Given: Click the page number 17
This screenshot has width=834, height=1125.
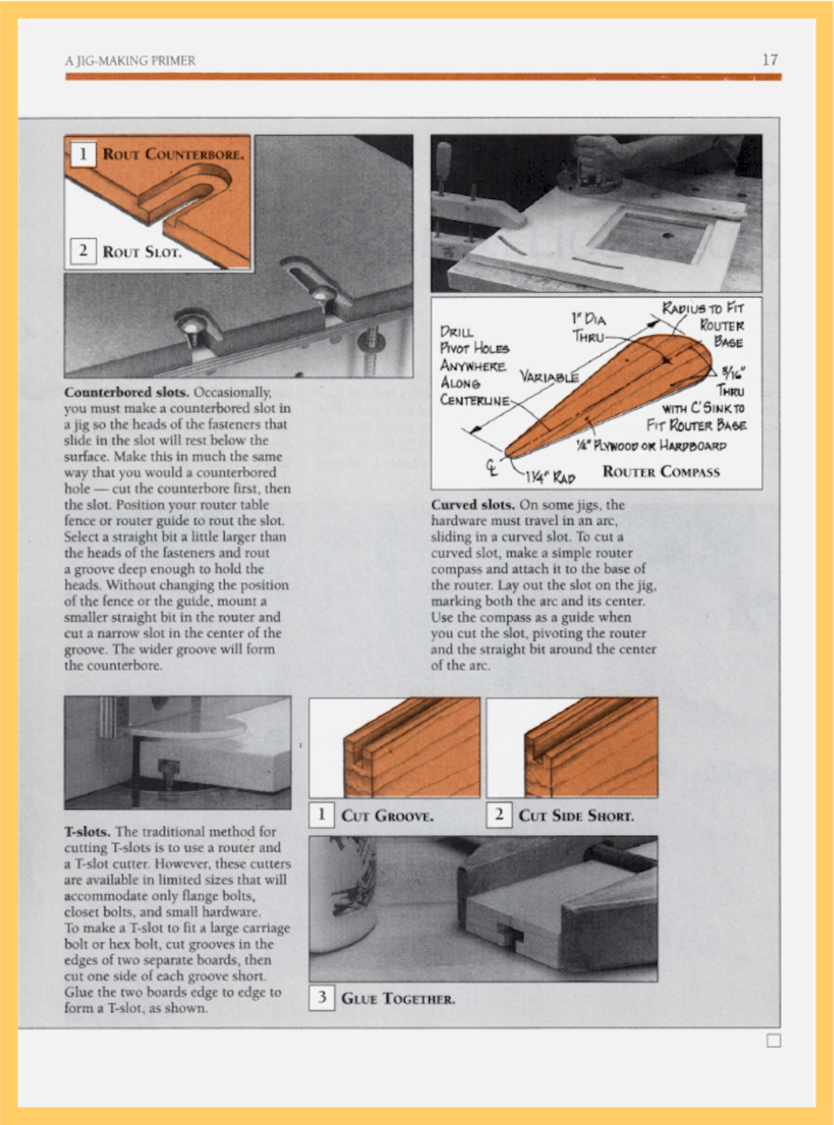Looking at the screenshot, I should pos(770,60).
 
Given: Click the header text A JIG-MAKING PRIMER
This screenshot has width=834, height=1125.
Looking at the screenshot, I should pos(130,61).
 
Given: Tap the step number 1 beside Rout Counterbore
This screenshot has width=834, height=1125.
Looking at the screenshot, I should pos(83,154).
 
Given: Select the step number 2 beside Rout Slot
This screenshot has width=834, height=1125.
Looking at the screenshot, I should pos(83,251).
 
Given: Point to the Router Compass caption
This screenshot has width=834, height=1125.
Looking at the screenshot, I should pos(661,472).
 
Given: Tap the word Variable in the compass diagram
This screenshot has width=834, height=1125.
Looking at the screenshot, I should pos(549,376).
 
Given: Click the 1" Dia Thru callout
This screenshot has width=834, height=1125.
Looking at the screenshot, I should pos(589,328).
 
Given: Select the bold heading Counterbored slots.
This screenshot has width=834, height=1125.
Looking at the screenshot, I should pos(127,392).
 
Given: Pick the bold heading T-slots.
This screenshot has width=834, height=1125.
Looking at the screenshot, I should pos(87,831).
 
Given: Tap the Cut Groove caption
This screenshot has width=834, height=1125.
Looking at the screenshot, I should pos(387,816).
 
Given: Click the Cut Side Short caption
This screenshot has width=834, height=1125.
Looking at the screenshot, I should pos(576,816).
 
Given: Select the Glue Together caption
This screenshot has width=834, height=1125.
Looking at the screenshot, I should pos(398,998).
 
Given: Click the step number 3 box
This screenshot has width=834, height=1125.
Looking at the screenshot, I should pos(322,997).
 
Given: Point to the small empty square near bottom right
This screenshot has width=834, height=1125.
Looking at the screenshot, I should pos(774,1041).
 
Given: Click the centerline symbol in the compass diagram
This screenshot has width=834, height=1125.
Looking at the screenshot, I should pos(492,466).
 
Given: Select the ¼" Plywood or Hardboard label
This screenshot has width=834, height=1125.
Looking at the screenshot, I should pos(651,446).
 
